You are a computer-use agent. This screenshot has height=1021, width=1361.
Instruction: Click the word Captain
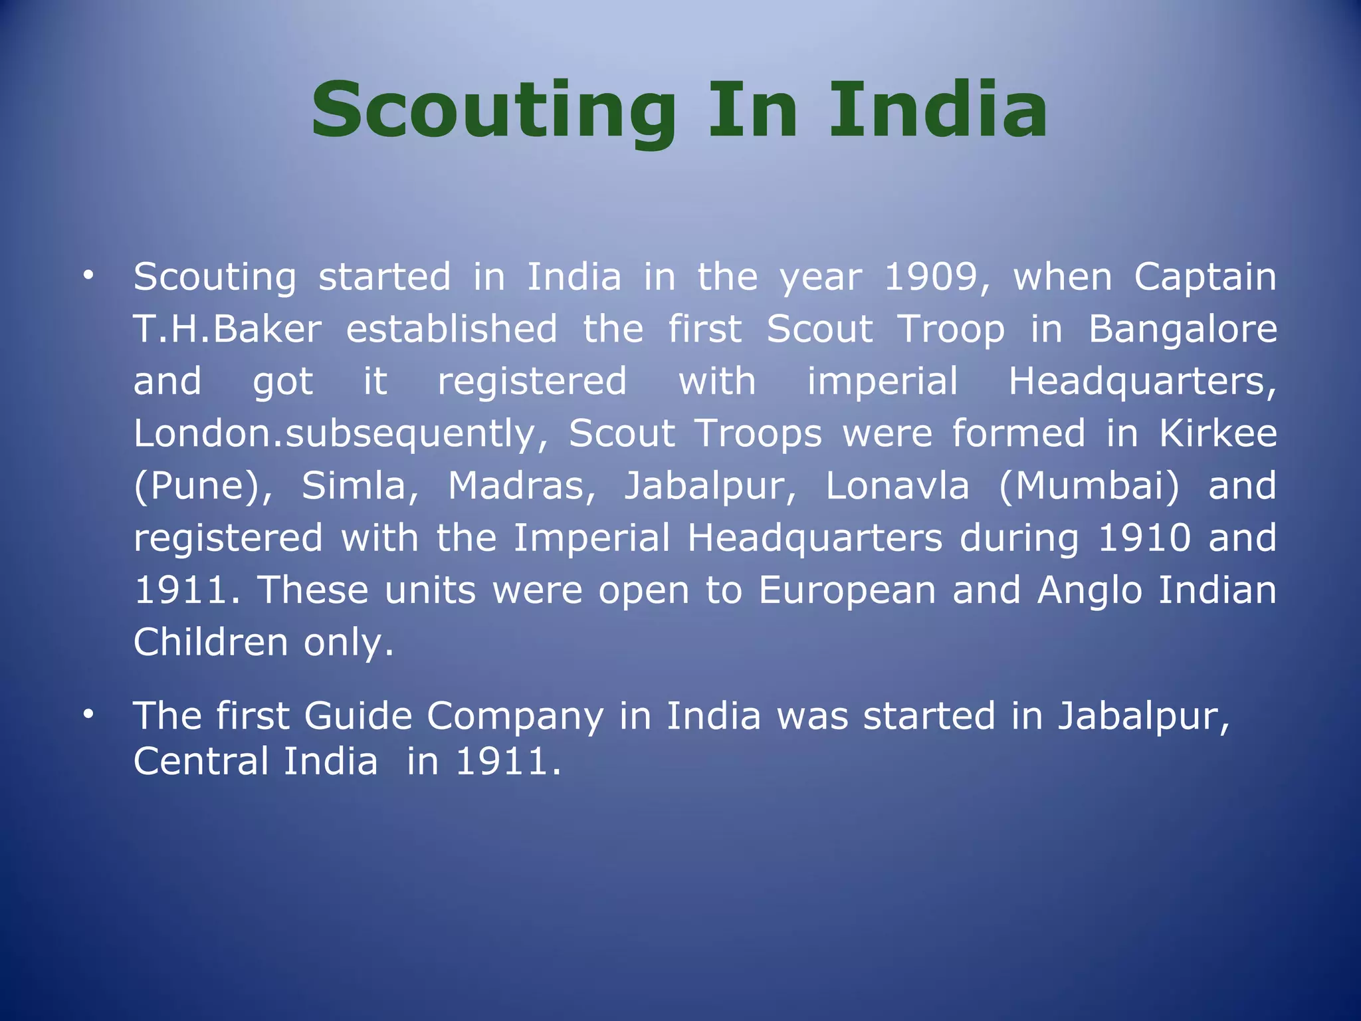1205,277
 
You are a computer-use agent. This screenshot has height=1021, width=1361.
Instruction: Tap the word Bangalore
1182,329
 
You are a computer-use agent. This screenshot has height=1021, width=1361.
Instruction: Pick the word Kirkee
1217,433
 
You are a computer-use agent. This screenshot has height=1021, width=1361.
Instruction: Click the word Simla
360,486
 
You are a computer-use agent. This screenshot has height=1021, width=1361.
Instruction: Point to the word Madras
522,486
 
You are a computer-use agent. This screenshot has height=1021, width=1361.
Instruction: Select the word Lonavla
897,486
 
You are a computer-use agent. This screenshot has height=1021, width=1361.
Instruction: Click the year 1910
1144,538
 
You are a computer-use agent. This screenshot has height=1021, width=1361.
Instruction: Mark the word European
847,590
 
